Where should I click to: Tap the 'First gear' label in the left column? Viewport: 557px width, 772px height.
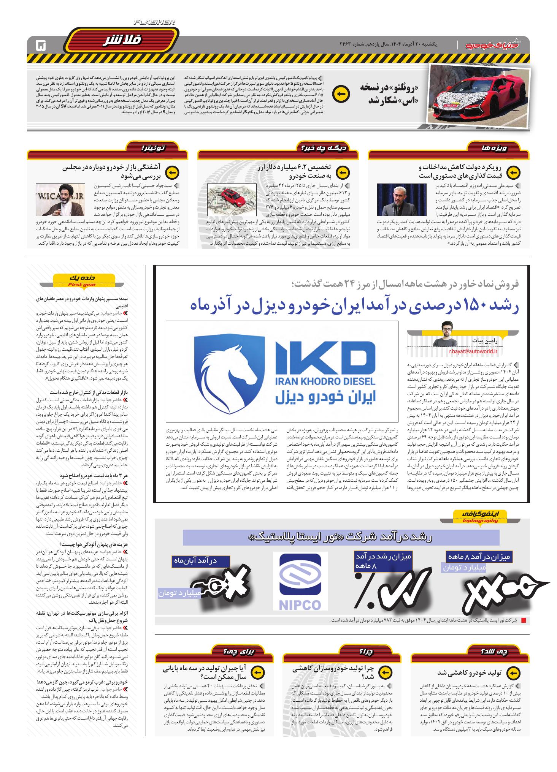(x=82, y=285)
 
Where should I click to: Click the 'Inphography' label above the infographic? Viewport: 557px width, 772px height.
(x=480, y=520)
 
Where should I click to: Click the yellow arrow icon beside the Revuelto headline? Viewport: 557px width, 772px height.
(x=341, y=95)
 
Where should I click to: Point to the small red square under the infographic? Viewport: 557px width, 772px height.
(x=524, y=621)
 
